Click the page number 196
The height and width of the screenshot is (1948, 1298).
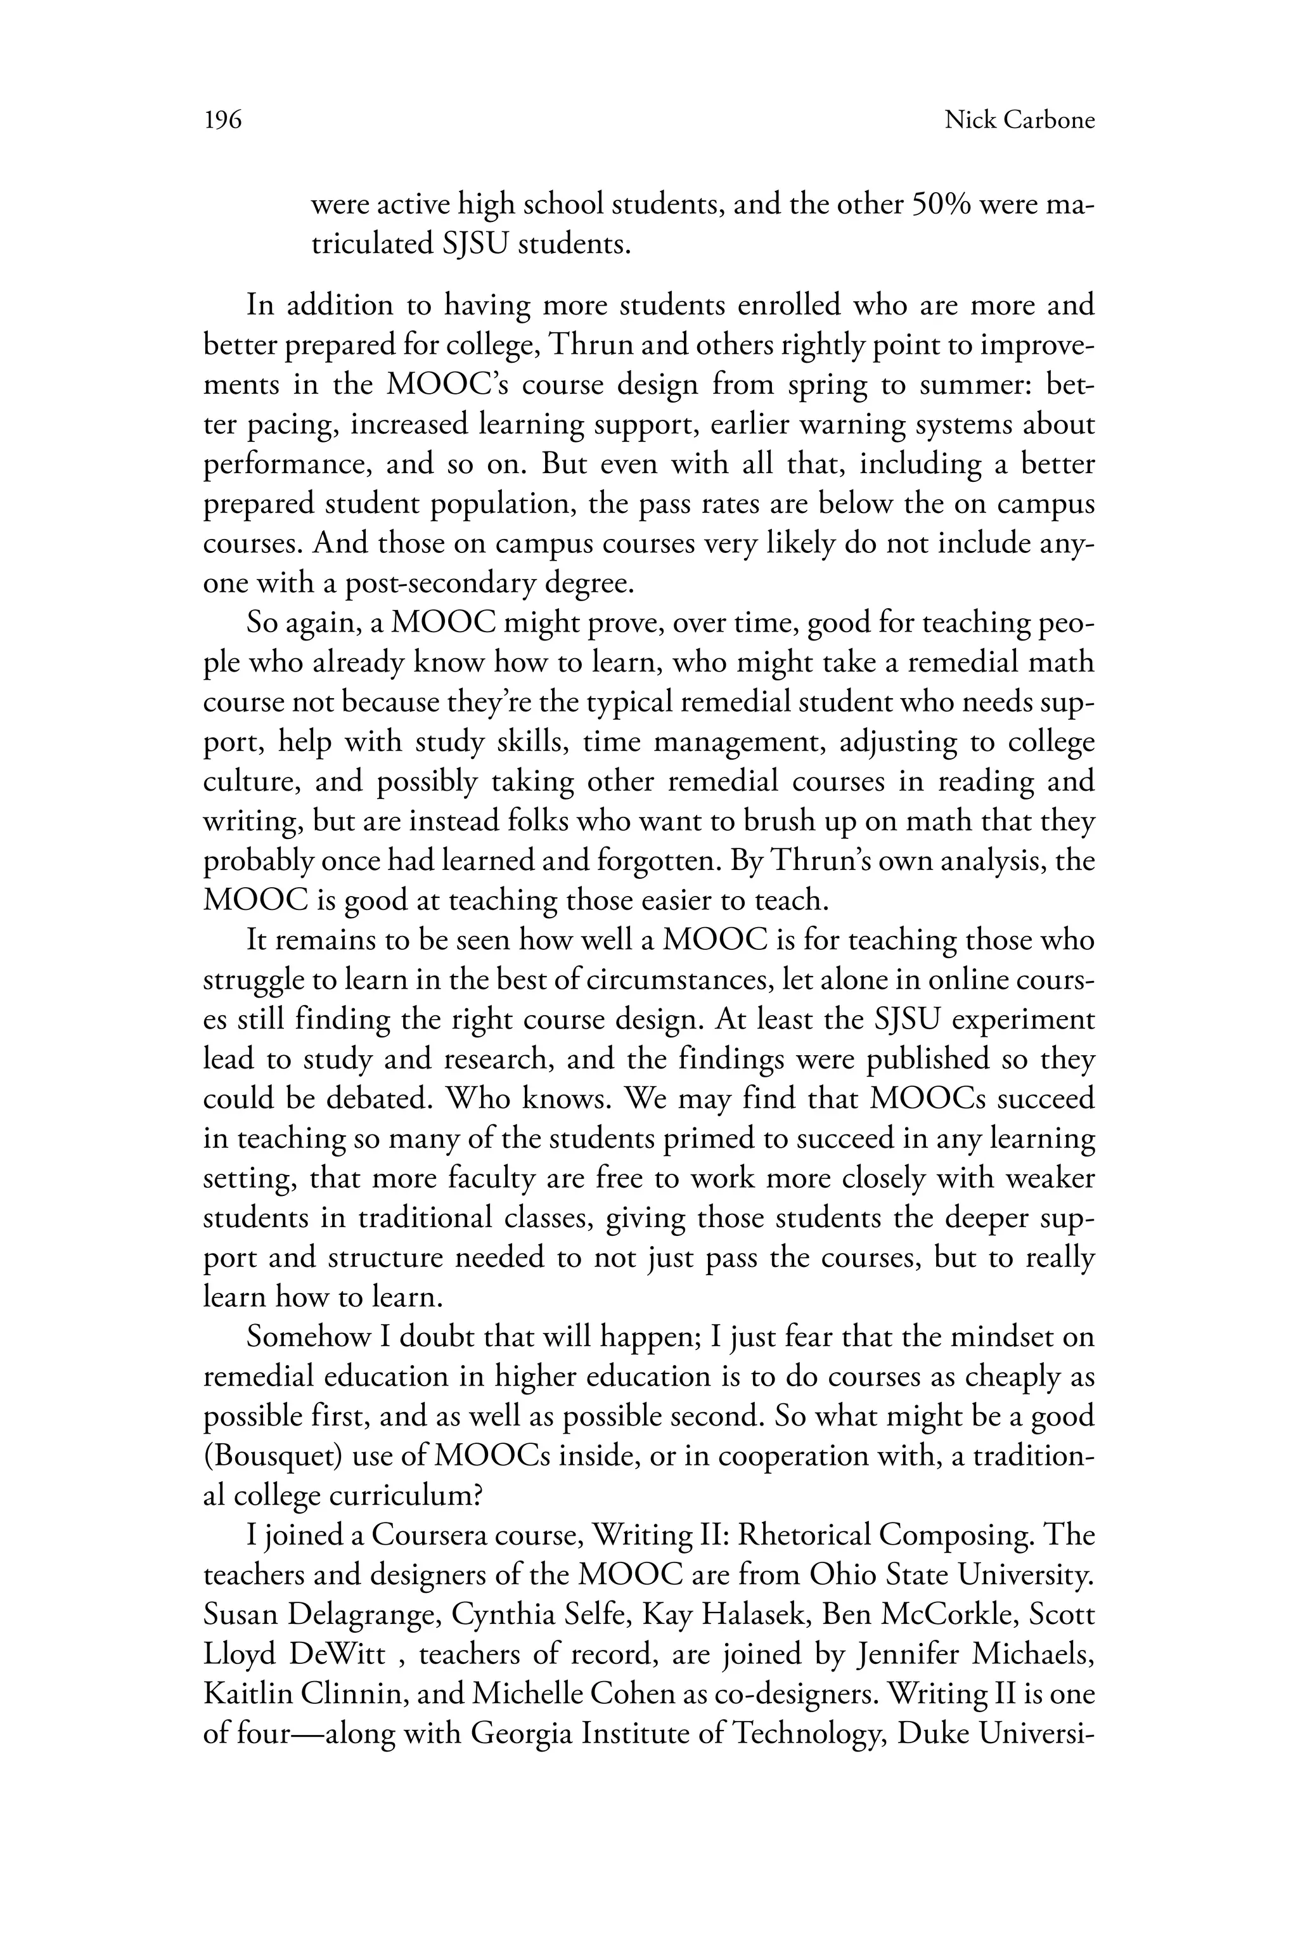pos(222,121)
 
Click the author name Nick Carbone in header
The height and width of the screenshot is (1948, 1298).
pos(1019,121)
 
